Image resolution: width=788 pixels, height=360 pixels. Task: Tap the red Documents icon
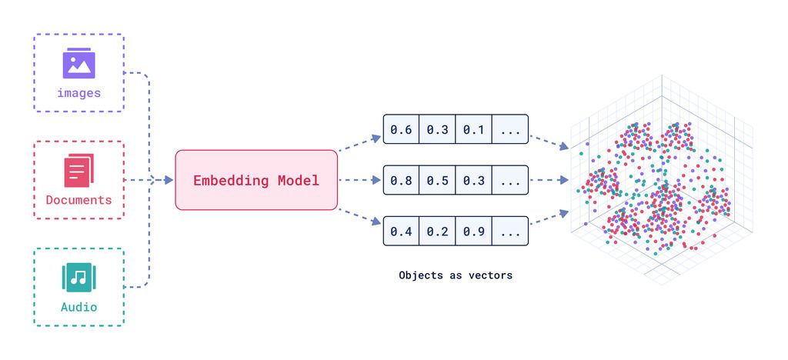pos(78,170)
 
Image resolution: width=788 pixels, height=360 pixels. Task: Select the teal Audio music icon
pos(78,277)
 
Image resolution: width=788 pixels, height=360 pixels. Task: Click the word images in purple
pos(78,93)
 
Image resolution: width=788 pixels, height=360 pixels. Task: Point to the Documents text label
pos(78,200)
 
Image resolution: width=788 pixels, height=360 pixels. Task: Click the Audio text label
pos(78,307)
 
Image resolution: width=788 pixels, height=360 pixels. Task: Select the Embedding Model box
pos(256,180)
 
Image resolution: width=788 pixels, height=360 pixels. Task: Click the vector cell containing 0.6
pos(401,129)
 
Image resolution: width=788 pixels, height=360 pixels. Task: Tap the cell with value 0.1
pos(473,129)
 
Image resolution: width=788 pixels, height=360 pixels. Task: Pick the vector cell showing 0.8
pos(401,180)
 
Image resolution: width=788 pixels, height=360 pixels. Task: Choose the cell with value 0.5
pos(437,180)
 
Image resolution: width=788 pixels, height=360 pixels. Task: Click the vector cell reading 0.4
pos(401,231)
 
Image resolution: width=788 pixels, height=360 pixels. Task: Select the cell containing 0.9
pos(473,231)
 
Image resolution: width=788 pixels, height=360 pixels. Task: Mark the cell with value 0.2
pos(437,231)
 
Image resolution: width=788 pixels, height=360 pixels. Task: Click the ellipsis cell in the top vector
pos(510,129)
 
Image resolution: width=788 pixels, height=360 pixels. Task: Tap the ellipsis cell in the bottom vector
pos(510,231)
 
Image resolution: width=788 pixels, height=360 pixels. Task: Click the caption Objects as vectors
pos(456,275)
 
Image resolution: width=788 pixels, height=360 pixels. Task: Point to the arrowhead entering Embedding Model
pos(169,180)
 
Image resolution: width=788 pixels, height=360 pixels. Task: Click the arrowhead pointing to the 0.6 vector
pos(376,138)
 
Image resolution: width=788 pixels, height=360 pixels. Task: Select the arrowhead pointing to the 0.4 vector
pos(376,222)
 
